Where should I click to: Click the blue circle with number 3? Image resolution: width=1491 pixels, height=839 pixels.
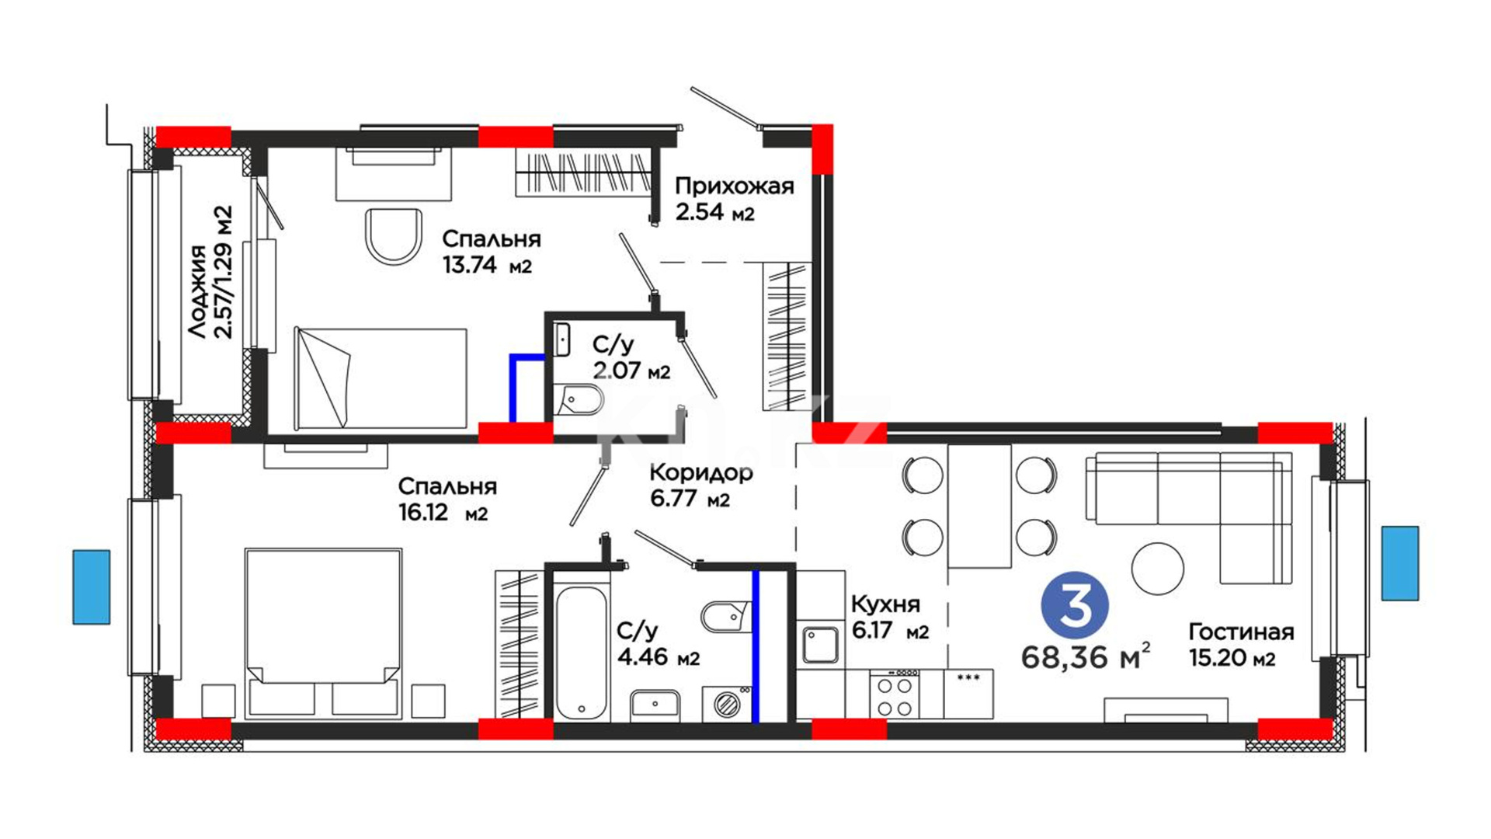pos(1075,605)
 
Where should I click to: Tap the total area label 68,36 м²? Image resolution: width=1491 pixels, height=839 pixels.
pos(1085,656)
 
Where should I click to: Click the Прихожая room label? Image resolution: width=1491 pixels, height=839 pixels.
pos(734,186)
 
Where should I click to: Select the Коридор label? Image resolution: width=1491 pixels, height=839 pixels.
pos(701,472)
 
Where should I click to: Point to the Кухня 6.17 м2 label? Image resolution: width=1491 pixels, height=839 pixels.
pos(890,617)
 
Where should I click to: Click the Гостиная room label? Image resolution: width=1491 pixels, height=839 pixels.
pos(1241,632)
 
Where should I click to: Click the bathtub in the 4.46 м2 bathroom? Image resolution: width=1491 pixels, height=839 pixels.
pos(581,653)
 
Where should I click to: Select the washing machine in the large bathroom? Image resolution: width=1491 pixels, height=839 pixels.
pos(728,704)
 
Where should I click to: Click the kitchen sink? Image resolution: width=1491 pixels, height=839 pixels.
pos(820,644)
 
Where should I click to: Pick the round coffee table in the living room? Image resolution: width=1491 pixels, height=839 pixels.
pos(1157,569)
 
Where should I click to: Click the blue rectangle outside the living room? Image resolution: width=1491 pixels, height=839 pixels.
pos(1400,563)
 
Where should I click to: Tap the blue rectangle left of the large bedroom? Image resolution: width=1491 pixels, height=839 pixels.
pos(92,587)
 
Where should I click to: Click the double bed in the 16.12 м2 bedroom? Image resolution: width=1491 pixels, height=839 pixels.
pos(323,634)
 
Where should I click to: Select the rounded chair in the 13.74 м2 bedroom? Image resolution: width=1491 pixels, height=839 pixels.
pos(394,235)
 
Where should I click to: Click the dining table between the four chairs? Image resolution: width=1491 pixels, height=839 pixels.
pos(979,506)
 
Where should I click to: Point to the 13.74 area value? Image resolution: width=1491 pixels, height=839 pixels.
pos(469,265)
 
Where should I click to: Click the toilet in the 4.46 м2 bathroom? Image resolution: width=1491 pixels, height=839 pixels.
pos(725,617)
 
